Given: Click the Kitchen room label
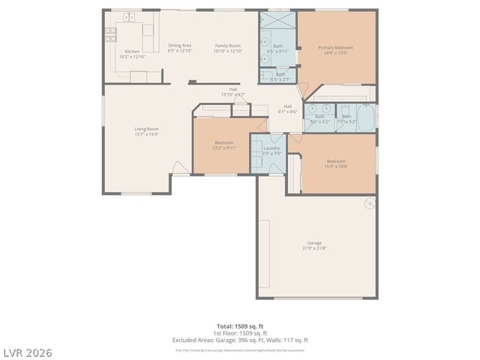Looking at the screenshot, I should [131, 54].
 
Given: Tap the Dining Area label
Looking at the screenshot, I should [179, 48].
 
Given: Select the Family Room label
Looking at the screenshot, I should [228, 48].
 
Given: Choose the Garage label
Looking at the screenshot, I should [314, 245].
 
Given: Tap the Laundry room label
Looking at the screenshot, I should [271, 150].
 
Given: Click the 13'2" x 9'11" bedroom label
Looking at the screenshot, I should [224, 145].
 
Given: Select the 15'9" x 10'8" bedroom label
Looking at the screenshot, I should [336, 163].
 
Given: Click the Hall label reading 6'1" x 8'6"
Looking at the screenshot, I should [288, 109].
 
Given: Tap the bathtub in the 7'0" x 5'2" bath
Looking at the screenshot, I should [367, 118].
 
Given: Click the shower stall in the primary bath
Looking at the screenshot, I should [278, 21].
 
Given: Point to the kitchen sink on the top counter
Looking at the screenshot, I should [130, 16].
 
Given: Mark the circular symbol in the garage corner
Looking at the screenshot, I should [368, 203].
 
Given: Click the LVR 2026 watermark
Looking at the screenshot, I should [27, 351].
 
